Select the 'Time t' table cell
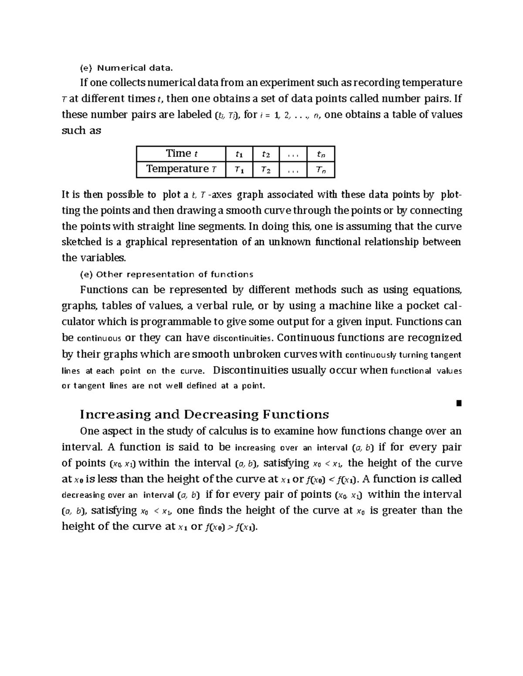click(x=181, y=154)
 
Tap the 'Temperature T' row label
click(x=181, y=169)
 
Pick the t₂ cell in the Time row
click(x=265, y=154)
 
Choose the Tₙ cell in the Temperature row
click(x=320, y=170)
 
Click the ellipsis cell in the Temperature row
click(x=293, y=170)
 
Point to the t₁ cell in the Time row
click(x=239, y=154)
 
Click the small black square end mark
click(x=458, y=403)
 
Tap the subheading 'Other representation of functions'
click(x=174, y=274)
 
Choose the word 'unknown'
click(x=288, y=242)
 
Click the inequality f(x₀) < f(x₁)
click(x=332, y=479)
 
